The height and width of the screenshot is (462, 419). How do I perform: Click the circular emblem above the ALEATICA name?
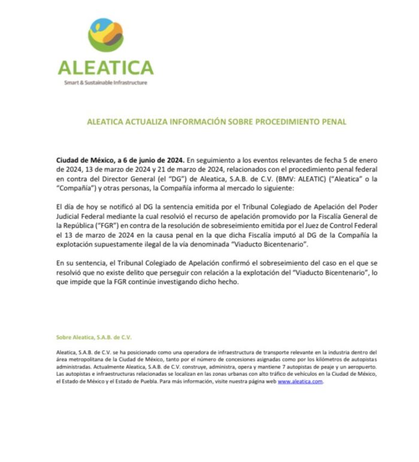(x=105, y=34)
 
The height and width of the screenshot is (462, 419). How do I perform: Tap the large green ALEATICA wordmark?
(x=105, y=66)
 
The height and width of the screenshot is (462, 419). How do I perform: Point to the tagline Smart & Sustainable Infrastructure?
(x=105, y=83)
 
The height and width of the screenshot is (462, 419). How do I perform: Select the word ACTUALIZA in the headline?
(x=157, y=122)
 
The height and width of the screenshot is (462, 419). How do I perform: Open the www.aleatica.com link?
(x=300, y=382)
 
